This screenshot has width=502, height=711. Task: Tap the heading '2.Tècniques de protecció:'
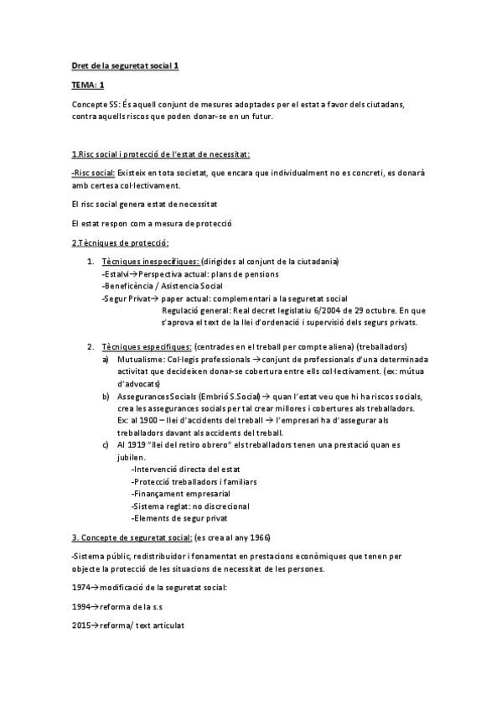tap(121, 243)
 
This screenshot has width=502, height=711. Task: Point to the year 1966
tap(258, 537)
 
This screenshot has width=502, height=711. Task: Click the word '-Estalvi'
tap(117, 274)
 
